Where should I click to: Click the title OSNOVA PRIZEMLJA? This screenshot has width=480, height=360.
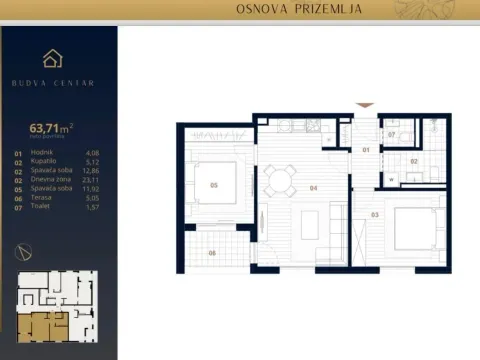[x=298, y=10]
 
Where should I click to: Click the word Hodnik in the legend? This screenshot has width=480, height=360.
[x=43, y=153]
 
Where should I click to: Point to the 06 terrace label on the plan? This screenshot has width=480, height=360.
[x=212, y=252]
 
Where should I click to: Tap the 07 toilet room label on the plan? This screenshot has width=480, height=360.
[x=393, y=132]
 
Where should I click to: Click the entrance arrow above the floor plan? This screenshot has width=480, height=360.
[x=366, y=104]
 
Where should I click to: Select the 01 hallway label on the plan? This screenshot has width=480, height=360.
[x=366, y=150]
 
